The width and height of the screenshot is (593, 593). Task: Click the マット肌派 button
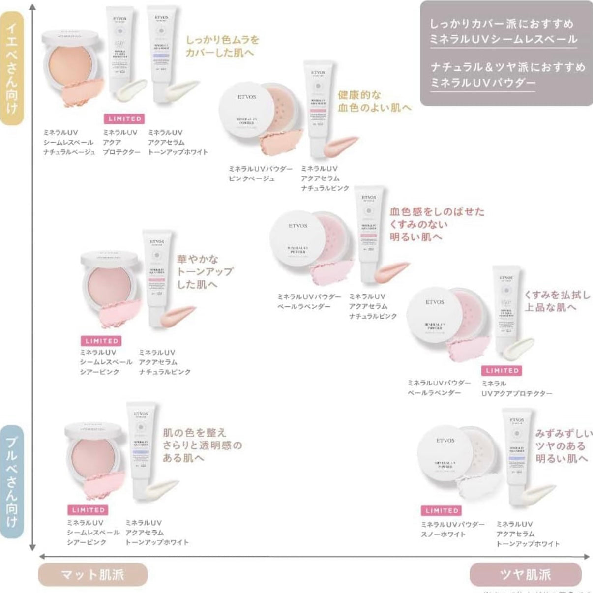[x=92, y=574]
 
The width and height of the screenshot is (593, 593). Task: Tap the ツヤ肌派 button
[x=525, y=574]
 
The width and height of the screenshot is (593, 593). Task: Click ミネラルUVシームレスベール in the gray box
[x=503, y=39]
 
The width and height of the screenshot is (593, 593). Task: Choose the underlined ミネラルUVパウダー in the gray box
[x=483, y=83]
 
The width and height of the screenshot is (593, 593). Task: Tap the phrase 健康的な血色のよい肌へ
[x=374, y=101]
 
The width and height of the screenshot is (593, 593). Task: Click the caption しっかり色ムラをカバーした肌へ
[x=222, y=46]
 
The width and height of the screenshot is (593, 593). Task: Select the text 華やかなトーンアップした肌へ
[x=205, y=271]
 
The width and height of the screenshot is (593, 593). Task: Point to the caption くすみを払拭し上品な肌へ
[x=557, y=301]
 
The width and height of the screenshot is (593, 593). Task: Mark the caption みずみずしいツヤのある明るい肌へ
[x=563, y=446]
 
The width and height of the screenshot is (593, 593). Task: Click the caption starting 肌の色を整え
[x=202, y=445]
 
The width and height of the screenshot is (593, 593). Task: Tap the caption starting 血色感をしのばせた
[x=437, y=224]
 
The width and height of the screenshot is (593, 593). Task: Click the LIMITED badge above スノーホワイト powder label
[x=442, y=511]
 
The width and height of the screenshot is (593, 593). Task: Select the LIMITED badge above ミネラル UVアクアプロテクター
[x=502, y=371]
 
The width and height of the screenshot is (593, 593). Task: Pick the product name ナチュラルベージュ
[x=69, y=152]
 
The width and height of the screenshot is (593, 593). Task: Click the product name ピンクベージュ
[x=252, y=178]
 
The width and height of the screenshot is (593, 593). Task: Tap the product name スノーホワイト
[x=443, y=534]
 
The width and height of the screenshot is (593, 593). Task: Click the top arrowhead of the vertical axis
[x=32, y=7]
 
